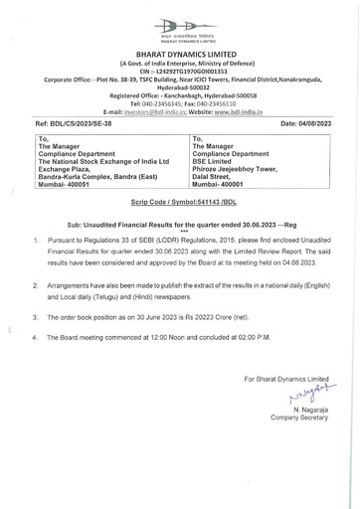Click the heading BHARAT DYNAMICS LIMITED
pos(180,59)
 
